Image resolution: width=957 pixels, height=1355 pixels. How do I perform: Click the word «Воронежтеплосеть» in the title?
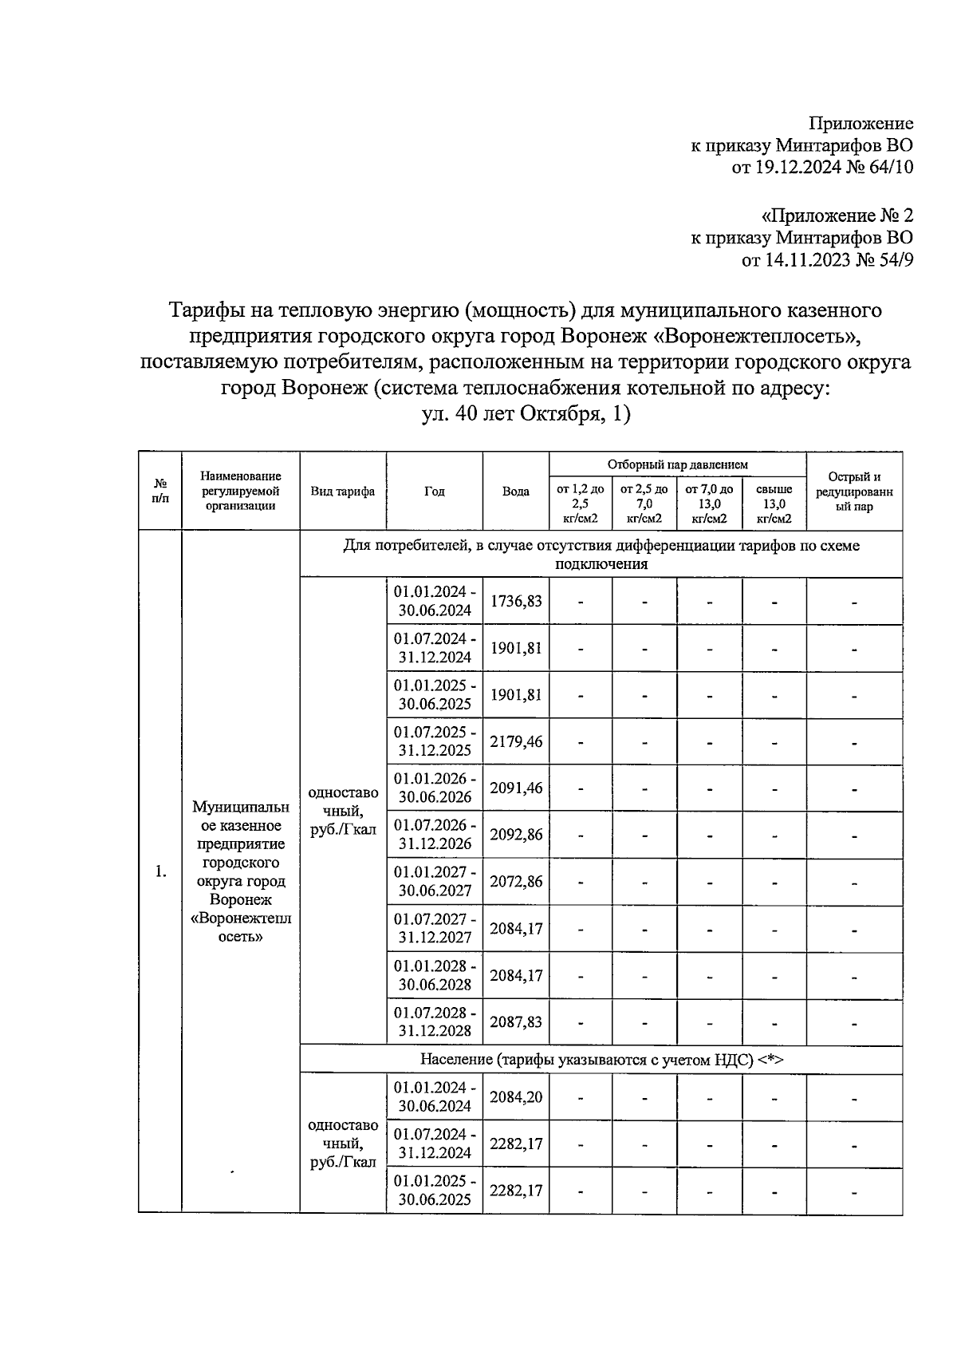tap(762, 335)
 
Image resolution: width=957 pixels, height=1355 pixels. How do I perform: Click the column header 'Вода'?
tap(515, 492)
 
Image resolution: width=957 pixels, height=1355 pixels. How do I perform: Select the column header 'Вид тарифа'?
tap(343, 492)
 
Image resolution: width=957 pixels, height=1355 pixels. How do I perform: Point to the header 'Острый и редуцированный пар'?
tap(854, 492)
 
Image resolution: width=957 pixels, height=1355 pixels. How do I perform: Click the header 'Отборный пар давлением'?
tap(677, 464)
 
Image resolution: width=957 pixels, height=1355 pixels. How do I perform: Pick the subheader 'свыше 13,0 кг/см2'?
tap(774, 504)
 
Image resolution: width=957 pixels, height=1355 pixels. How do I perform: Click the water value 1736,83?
tap(515, 601)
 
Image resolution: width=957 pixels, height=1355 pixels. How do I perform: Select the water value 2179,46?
tap(515, 741)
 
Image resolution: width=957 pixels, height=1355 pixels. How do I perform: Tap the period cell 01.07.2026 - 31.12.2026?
tap(435, 835)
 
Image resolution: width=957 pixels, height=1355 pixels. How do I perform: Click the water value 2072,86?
tap(515, 882)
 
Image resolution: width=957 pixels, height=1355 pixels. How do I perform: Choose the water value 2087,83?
tap(515, 1022)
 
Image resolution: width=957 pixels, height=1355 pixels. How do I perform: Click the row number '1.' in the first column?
tap(160, 871)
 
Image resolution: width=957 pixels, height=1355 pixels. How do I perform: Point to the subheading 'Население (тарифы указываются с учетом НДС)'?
tap(601, 1059)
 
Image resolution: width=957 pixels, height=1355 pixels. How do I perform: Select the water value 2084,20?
tap(515, 1097)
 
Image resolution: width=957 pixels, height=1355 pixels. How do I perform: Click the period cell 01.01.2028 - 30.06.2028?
tap(435, 975)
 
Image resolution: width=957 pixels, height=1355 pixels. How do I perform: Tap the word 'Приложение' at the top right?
tap(861, 124)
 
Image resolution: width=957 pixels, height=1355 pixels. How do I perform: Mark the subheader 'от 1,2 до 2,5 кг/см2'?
tap(580, 504)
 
